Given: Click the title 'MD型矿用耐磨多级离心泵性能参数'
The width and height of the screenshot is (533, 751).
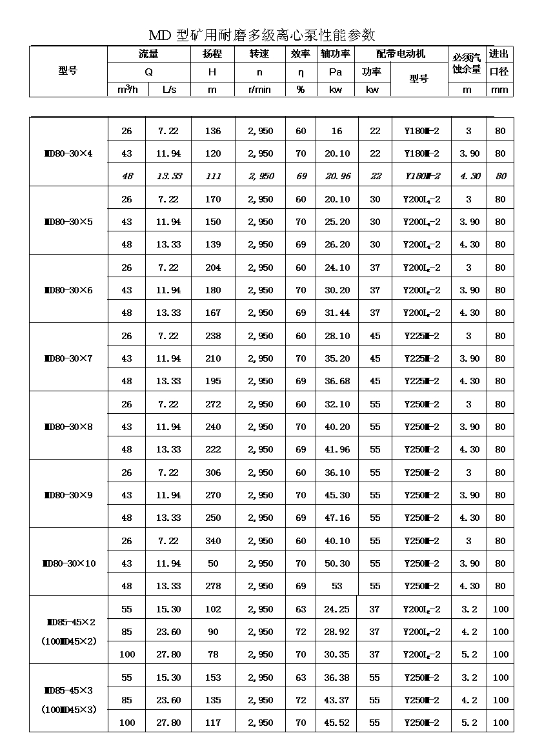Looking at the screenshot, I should tap(262, 35).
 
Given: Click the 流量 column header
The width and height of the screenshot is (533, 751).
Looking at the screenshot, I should tap(148, 54).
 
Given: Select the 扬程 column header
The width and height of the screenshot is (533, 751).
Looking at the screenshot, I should tap(212, 54).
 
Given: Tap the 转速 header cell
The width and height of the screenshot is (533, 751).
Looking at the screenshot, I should tap(259, 54).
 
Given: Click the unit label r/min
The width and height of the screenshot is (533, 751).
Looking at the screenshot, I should tap(259, 90).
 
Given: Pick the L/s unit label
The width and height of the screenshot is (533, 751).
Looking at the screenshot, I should tap(168, 90).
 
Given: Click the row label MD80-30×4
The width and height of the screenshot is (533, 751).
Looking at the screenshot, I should tap(68, 153).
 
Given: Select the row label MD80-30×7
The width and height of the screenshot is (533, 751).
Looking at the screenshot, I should tap(68, 358).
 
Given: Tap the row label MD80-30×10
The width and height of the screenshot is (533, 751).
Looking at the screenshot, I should tap(68, 563).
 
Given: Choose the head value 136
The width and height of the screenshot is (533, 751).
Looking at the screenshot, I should tap(212, 131).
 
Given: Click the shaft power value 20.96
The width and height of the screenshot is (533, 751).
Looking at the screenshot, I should tap(337, 176).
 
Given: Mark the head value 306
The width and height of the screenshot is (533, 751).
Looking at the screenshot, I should tap(212, 473).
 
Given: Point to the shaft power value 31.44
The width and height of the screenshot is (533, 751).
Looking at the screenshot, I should tap(337, 313).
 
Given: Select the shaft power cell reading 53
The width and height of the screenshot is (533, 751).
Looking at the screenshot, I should tap(337, 586).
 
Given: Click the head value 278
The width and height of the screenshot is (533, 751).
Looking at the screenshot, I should tap(212, 586).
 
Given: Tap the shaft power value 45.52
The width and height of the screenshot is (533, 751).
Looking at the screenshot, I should tap(337, 723).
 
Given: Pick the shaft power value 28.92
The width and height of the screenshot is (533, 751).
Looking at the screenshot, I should tap(337, 632).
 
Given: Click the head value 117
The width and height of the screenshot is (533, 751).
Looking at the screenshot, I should tap(212, 723).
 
